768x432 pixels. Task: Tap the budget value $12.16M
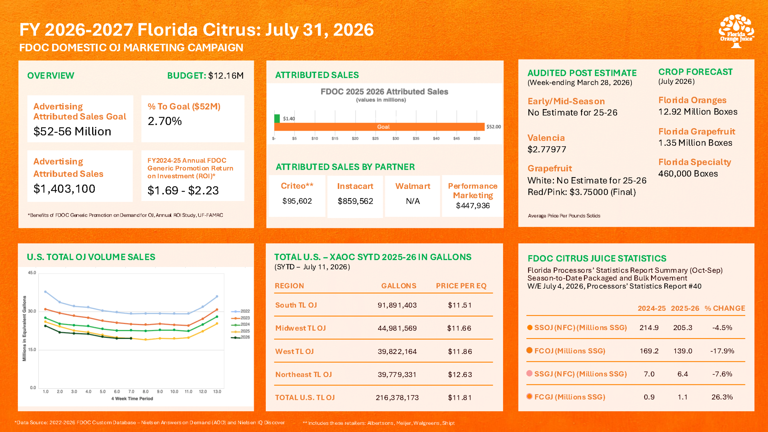(226, 76)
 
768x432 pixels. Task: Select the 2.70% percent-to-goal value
(165, 121)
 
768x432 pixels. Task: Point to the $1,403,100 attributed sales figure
(64, 189)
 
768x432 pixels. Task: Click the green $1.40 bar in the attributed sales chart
(277, 118)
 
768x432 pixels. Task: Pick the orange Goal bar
(379, 127)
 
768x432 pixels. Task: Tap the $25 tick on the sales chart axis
(375, 139)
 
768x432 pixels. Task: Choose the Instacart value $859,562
(355, 201)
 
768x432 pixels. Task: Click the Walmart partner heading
(413, 186)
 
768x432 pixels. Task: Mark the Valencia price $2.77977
(547, 149)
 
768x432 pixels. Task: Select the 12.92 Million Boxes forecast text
(698, 112)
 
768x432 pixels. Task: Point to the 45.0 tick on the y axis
(32, 273)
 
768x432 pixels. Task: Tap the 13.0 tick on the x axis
(217, 391)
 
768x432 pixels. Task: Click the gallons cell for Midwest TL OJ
(397, 328)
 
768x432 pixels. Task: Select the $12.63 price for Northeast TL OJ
(460, 375)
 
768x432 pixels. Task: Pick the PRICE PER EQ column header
(461, 286)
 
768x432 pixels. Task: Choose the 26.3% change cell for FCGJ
(722, 397)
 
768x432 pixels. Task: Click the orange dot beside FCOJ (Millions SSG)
(529, 350)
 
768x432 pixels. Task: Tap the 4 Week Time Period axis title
(132, 399)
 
